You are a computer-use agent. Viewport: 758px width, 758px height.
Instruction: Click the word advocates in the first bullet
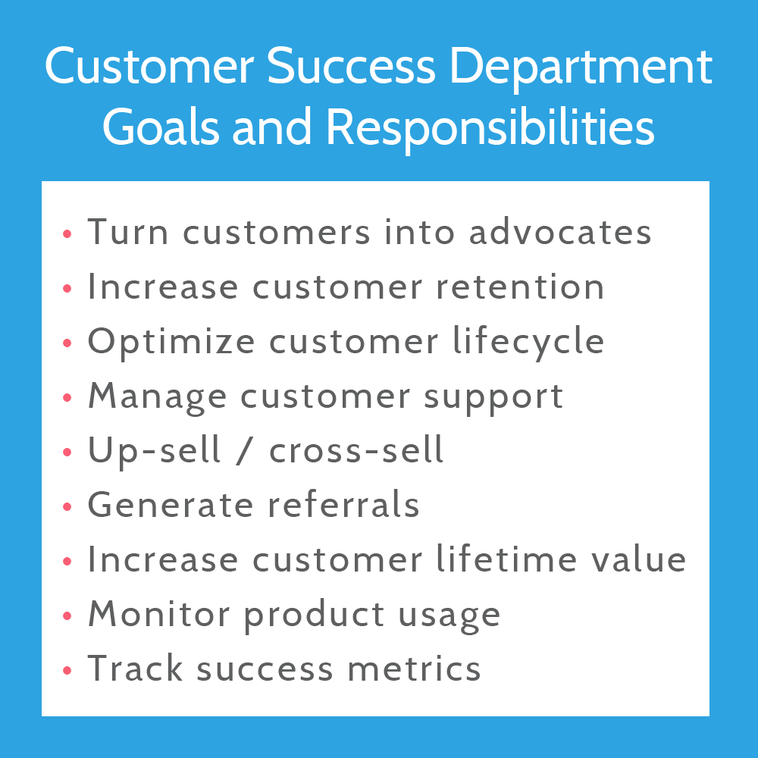click(x=560, y=232)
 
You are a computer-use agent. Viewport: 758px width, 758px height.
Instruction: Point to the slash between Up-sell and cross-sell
click(x=246, y=451)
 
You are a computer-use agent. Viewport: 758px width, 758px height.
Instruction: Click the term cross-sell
click(x=356, y=450)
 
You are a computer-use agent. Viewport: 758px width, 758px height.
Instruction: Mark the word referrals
click(x=341, y=505)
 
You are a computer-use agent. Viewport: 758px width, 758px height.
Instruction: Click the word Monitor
click(x=159, y=614)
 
